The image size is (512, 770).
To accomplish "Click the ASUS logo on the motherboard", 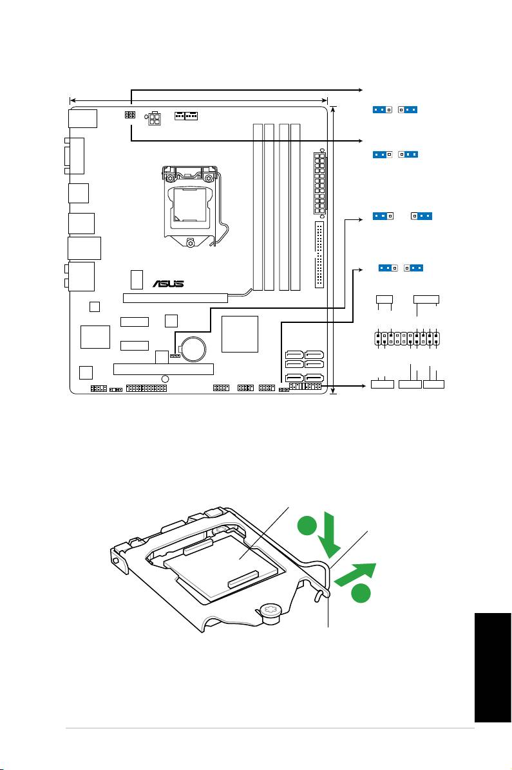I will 168,283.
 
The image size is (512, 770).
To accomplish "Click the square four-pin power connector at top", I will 156,120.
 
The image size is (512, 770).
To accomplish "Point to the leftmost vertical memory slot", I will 258,206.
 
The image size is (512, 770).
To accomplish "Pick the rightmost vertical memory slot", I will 296,206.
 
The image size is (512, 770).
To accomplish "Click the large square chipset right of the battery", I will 240,334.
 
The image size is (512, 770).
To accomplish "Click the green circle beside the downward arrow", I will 307,527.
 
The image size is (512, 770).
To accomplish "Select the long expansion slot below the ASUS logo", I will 175,298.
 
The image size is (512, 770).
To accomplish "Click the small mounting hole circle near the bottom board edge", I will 165,378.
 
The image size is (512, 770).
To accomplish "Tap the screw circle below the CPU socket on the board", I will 191,243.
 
